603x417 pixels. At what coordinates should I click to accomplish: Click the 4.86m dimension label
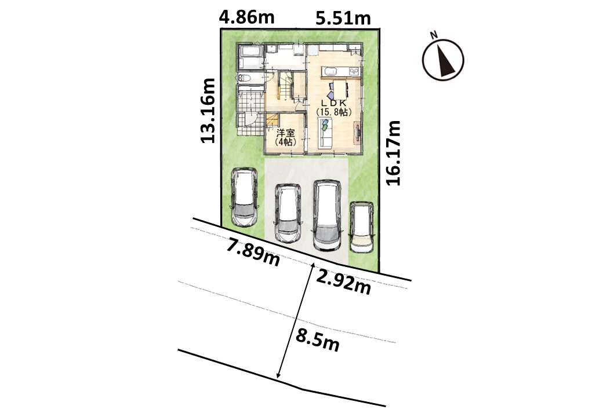[247, 17]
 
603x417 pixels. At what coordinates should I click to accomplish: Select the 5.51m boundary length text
[343, 18]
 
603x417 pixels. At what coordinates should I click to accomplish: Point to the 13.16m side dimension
[208, 111]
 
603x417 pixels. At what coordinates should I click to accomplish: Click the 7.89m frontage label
[253, 251]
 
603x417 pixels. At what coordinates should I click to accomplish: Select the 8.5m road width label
[317, 340]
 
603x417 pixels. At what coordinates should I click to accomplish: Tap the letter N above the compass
[434, 35]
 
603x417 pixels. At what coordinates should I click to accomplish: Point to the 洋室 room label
[286, 133]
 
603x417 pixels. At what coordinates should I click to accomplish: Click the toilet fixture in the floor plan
[245, 78]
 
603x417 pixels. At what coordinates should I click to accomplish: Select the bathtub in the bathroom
[250, 57]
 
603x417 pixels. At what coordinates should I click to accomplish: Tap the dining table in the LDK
[340, 89]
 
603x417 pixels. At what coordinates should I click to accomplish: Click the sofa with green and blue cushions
[326, 133]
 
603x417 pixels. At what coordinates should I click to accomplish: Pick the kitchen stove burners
[354, 71]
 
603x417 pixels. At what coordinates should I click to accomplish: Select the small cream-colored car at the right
[361, 227]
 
